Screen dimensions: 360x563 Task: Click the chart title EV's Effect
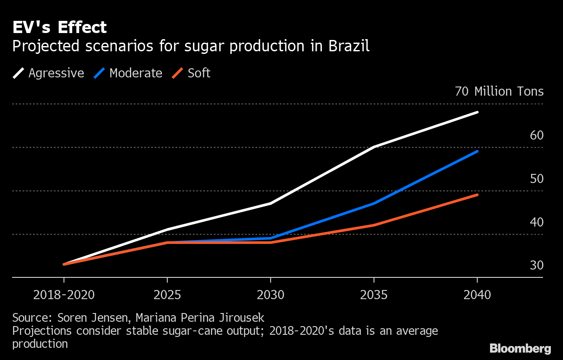tap(60, 28)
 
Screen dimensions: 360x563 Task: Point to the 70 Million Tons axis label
tap(499, 92)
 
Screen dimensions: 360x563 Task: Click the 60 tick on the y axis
tap(537, 135)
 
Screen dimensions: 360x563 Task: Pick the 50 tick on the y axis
tap(537, 179)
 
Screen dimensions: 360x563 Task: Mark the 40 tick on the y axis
tap(537, 222)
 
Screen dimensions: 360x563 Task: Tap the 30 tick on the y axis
tap(537, 265)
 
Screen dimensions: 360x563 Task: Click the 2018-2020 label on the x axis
tap(64, 295)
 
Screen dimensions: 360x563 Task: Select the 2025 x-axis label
tap(167, 295)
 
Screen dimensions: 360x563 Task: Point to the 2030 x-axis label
tap(271, 295)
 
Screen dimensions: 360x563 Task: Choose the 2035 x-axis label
tap(374, 295)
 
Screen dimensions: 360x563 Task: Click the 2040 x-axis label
tap(477, 295)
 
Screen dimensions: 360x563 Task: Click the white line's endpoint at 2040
tap(477, 112)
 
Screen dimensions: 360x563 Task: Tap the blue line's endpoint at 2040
tap(477, 151)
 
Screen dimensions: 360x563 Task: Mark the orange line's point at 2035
tap(374, 225)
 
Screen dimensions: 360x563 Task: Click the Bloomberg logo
tap(520, 348)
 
